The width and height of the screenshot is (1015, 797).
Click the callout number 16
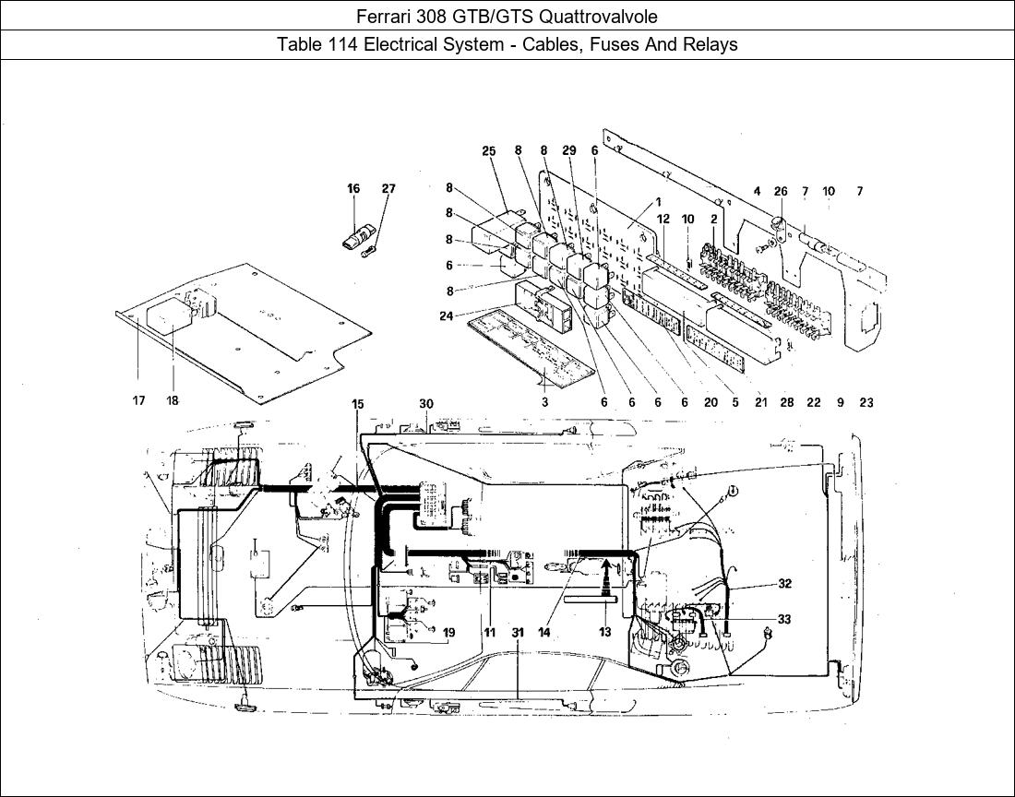click(352, 189)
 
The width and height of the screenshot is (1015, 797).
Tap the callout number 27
click(388, 189)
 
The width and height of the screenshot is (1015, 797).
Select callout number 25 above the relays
click(489, 150)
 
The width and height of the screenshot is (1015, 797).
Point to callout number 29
click(569, 150)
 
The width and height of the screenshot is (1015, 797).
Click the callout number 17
click(138, 400)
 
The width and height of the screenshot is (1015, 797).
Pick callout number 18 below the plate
click(173, 400)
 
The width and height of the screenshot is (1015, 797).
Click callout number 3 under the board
click(545, 402)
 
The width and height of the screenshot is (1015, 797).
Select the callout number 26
click(781, 192)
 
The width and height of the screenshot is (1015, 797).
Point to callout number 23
click(866, 402)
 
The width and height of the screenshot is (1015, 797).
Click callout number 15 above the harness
click(358, 404)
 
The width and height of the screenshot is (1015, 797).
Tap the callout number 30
click(426, 404)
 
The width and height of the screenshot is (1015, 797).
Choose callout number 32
click(784, 584)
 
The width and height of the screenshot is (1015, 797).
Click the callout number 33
click(784, 619)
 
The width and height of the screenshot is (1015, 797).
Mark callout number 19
click(448, 632)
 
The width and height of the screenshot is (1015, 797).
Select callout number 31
click(518, 632)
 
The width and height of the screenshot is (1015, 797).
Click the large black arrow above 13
click(606, 579)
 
